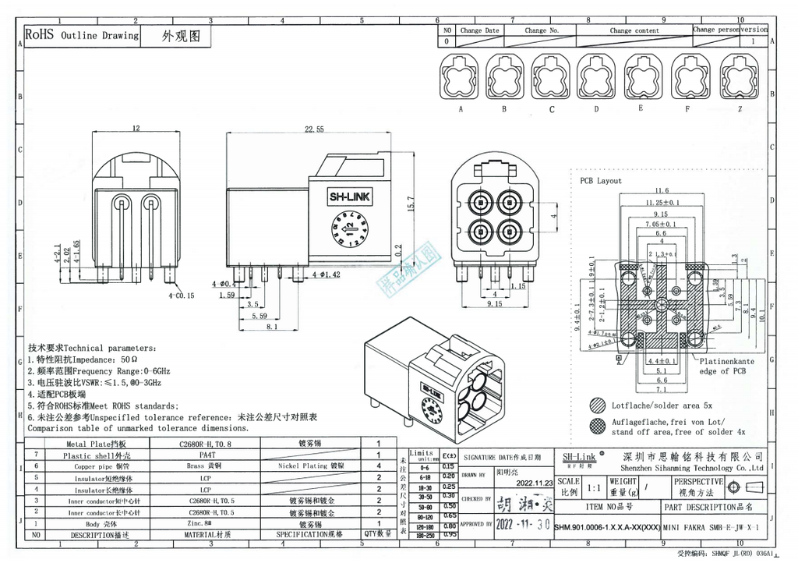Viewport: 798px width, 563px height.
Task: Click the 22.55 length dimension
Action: [x=314, y=129]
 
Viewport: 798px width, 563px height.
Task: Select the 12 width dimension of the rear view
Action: [x=136, y=128]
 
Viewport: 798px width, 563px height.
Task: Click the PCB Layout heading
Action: [x=600, y=181]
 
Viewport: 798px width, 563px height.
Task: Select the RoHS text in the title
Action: [x=39, y=35]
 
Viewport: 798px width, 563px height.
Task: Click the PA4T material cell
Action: [x=206, y=454]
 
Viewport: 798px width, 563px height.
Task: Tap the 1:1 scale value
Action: [x=595, y=487]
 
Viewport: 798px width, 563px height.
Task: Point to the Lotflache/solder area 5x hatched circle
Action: [x=598, y=406]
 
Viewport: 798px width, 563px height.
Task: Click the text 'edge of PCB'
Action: [x=724, y=371]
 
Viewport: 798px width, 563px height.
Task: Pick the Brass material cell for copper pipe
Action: [x=206, y=466]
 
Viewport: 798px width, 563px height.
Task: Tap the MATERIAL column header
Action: [x=206, y=536]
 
